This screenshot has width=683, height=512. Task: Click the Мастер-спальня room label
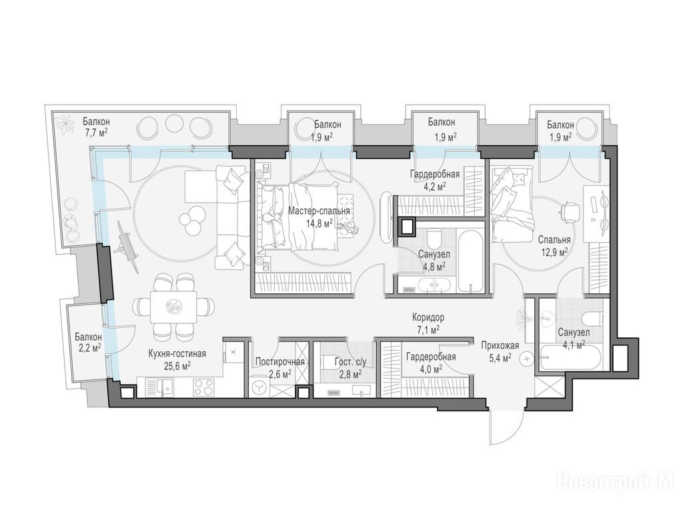pyautogui.click(x=319, y=211)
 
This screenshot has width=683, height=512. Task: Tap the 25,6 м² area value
pyautogui.click(x=177, y=366)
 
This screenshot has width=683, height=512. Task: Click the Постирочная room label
pyautogui.click(x=279, y=362)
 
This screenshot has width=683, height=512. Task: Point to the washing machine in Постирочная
pyautogui.click(x=261, y=387)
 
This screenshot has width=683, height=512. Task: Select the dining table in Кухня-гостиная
pyautogui.click(x=173, y=307)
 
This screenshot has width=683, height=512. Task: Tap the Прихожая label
pyautogui.click(x=500, y=346)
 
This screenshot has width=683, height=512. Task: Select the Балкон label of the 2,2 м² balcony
pyautogui.click(x=88, y=337)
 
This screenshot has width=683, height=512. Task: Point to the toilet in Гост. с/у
pyautogui.click(x=328, y=362)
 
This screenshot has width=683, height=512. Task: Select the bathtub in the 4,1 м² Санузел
pyautogui.click(x=570, y=358)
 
